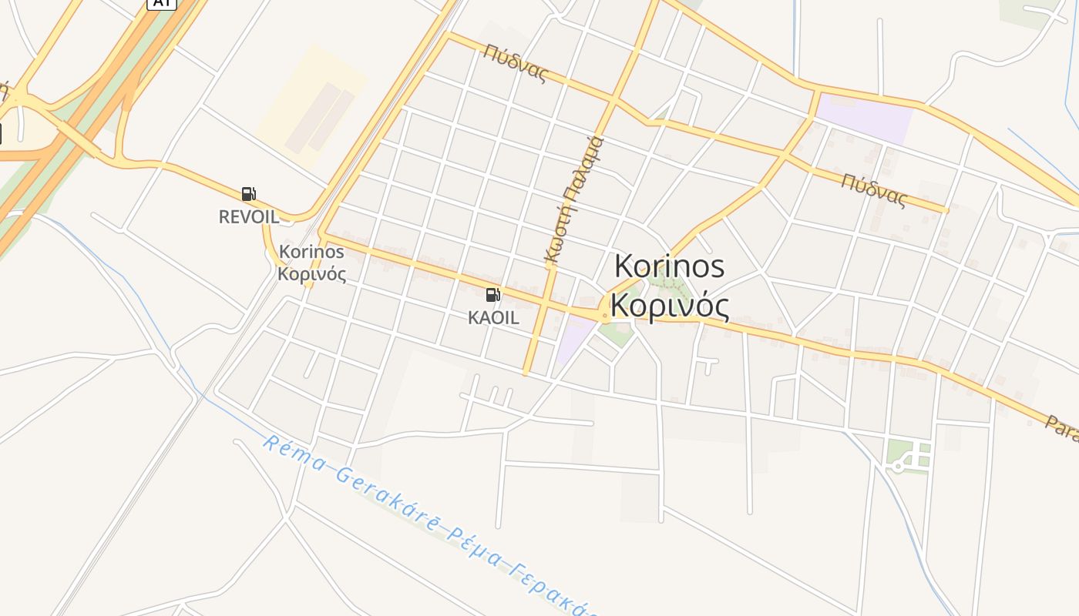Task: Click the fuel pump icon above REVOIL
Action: coord(248,194)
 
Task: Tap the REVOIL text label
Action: coord(248,216)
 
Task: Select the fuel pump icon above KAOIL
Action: coord(492,294)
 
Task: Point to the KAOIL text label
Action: coord(493,317)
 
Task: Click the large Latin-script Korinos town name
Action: coord(669,266)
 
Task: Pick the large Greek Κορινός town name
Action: coord(671,307)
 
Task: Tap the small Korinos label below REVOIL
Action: coord(311,251)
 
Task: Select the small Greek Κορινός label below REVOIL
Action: coord(311,274)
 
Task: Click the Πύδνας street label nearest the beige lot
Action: coord(516,63)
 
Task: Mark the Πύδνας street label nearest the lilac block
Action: coord(874,190)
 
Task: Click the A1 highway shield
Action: coord(162,3)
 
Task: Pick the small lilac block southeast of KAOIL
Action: coord(574,340)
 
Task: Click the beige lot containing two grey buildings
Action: coord(312,108)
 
